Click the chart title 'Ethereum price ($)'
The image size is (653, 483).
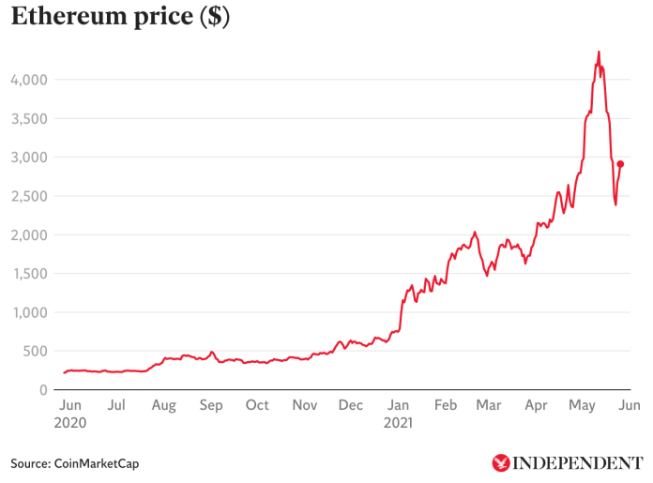pyautogui.click(x=120, y=17)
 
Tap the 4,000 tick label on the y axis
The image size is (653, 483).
pyautogui.click(x=28, y=80)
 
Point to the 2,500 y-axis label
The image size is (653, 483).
pyautogui.click(x=28, y=196)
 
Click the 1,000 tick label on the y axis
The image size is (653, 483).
pyautogui.click(x=28, y=312)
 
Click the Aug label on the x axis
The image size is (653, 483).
pyautogui.click(x=163, y=406)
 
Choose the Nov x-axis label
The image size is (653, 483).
pyautogui.click(x=304, y=406)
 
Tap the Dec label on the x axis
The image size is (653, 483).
pyautogui.click(x=351, y=406)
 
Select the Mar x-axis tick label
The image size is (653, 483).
pyautogui.click(x=488, y=406)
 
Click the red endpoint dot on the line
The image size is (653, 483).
pyautogui.click(x=620, y=164)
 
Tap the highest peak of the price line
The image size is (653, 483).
pyautogui.click(x=599, y=53)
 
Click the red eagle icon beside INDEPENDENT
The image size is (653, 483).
pyautogui.click(x=502, y=463)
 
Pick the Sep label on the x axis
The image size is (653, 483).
pyautogui.click(x=210, y=406)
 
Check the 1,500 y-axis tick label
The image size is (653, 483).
pyautogui.click(x=28, y=274)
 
